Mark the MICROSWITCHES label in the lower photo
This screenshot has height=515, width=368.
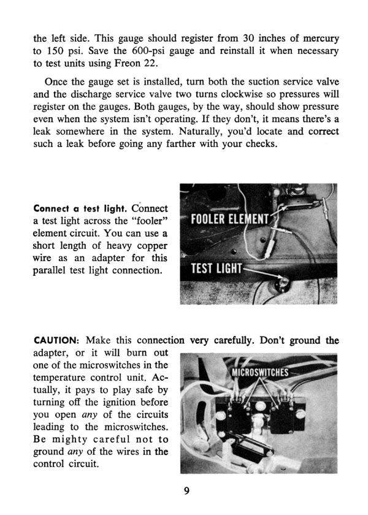262,371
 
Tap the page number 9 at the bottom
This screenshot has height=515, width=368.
185,490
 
